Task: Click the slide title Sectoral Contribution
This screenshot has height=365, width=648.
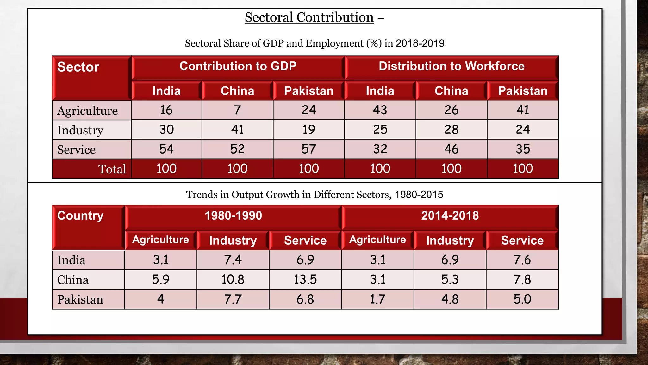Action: pos(309,17)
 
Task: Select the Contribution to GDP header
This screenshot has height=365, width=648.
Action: pos(238,66)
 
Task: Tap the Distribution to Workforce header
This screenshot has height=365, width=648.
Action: pos(452,66)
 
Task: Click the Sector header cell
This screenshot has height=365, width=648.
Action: pos(78,67)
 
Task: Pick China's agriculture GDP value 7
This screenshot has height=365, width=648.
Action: pos(237,110)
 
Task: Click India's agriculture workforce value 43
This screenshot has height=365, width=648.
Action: pos(380,110)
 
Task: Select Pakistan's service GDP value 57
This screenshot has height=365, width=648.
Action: pos(309,149)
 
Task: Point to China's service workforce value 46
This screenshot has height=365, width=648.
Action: pos(452,149)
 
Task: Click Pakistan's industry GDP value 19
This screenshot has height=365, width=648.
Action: pos(309,130)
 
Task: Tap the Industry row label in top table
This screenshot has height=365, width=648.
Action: pos(80,130)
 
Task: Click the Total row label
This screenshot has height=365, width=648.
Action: pos(112,169)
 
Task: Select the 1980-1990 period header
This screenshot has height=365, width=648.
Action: pos(233,216)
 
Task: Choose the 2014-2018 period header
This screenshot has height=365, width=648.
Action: pos(450,216)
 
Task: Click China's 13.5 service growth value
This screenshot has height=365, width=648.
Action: pos(305,279)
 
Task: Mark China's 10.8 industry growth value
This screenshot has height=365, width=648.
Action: pos(233,279)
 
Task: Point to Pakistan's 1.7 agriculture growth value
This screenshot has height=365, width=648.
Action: pos(378,299)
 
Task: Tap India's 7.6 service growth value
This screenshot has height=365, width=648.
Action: pos(522,260)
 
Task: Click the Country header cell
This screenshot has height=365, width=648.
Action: pos(80,216)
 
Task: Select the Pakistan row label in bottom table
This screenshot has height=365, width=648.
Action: pos(80,299)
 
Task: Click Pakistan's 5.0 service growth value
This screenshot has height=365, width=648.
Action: pos(522,299)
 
